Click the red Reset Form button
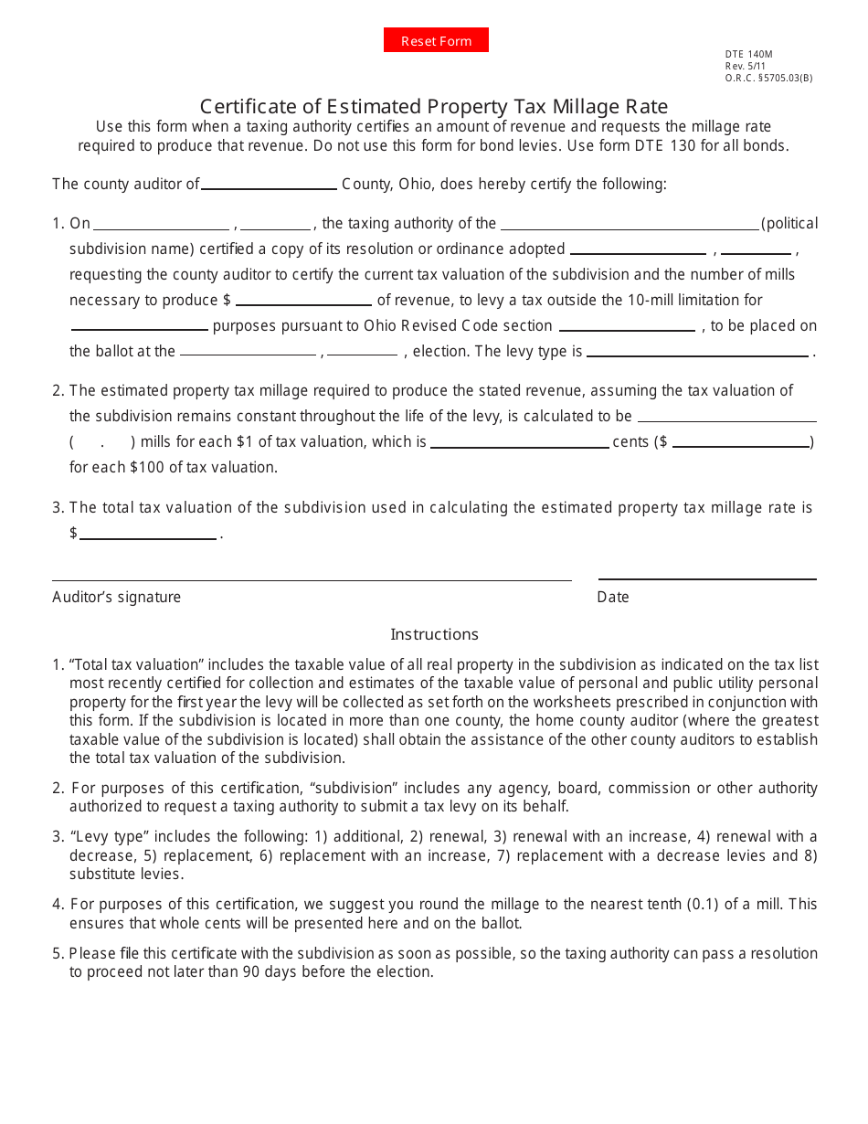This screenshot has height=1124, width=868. click(x=436, y=40)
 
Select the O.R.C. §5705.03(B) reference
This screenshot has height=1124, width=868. click(x=768, y=78)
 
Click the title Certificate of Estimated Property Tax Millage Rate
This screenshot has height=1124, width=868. click(x=434, y=106)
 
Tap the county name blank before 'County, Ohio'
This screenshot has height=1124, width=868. click(x=269, y=184)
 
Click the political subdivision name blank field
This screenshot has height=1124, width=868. click(x=630, y=223)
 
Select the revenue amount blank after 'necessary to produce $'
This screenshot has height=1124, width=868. click(x=303, y=300)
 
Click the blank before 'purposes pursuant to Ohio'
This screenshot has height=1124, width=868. click(x=139, y=325)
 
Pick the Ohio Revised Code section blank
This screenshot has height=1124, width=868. click(x=627, y=325)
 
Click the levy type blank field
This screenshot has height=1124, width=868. click(x=698, y=351)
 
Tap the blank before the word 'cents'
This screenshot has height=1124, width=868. click(x=519, y=442)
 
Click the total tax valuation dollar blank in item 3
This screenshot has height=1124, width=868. click(x=148, y=534)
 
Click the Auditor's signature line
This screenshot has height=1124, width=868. click(x=312, y=576)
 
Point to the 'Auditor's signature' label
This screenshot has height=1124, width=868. click(x=117, y=597)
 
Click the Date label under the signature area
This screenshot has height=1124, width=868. click(x=613, y=597)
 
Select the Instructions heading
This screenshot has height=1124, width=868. click(x=434, y=634)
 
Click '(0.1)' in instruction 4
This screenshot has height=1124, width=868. click(x=704, y=904)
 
